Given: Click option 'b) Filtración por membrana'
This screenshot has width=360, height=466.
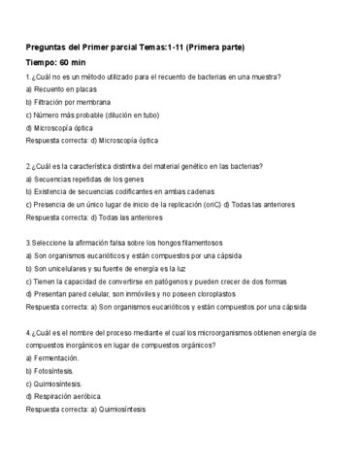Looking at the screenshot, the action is (x=68, y=101).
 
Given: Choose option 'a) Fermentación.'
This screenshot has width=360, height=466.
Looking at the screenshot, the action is (x=55, y=358).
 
